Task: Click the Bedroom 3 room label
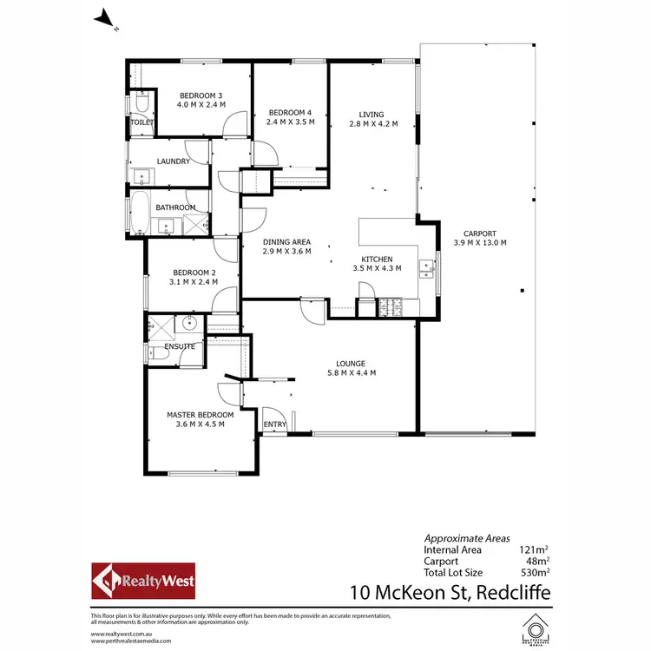(x=201, y=95)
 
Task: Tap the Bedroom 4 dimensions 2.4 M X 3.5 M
(x=291, y=122)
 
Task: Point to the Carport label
(x=479, y=233)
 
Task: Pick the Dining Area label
(x=286, y=242)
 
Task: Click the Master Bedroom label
(x=201, y=415)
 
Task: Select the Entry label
(x=275, y=424)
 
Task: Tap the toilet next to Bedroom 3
(x=141, y=106)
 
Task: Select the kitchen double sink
(x=425, y=266)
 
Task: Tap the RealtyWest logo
(x=144, y=581)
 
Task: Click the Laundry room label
(x=173, y=161)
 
